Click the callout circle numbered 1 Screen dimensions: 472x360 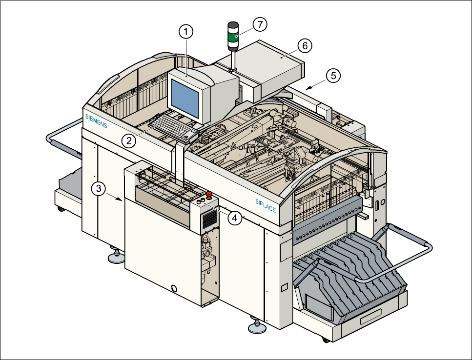(x=186, y=32)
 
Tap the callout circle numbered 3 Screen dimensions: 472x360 (x=99, y=189)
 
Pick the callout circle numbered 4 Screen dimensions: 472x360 (x=235, y=218)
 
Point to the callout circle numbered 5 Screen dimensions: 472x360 (x=333, y=76)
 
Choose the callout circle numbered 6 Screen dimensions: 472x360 (x=305, y=46)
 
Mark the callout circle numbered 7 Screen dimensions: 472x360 (x=260, y=24)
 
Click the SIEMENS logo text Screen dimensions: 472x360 (x=96, y=121)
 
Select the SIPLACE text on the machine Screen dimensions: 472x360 (x=266, y=206)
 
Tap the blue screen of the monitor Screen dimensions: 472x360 (x=185, y=98)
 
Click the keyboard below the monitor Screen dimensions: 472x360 (x=174, y=127)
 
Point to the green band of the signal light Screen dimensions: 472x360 (x=233, y=38)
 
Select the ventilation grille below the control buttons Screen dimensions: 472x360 (x=210, y=219)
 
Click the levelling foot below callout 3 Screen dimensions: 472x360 (x=116, y=255)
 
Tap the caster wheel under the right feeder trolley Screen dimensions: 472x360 (x=326, y=340)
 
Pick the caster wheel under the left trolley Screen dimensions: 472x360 (x=61, y=208)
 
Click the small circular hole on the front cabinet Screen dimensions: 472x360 (x=174, y=288)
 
